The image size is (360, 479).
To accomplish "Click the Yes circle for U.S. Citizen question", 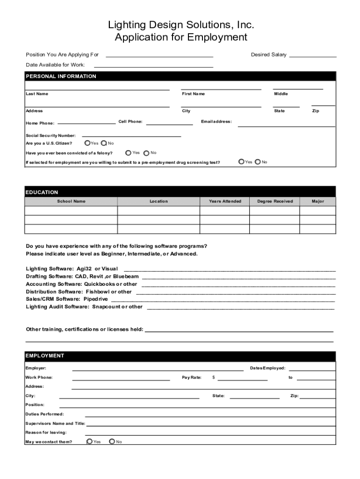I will (x=87, y=143).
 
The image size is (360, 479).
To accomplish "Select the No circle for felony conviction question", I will (x=147, y=153).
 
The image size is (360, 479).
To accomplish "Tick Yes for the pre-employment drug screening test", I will (x=241, y=162).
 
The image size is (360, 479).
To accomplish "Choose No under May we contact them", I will (x=112, y=441).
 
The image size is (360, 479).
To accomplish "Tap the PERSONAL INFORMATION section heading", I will (x=61, y=76).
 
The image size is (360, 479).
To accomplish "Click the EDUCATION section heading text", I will (x=42, y=192).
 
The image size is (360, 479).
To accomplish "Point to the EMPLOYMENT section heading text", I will (x=45, y=356).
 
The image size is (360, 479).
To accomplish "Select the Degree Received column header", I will (x=275, y=201).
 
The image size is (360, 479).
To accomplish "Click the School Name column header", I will (x=71, y=201).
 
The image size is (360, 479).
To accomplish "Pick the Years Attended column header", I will (x=225, y=201).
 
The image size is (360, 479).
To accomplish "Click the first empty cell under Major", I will (x=317, y=210).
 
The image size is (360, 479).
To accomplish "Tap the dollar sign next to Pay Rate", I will (x=214, y=377).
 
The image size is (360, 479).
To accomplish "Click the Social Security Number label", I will (x=50, y=135).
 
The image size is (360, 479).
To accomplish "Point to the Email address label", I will (x=216, y=122).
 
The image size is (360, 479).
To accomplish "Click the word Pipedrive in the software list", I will (x=95, y=299).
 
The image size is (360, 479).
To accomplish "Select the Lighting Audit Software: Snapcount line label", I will (x=84, y=307).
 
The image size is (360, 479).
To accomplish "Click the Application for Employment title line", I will (x=180, y=37).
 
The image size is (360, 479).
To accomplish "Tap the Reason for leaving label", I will (x=46, y=432).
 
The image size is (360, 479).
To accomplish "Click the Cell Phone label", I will (x=130, y=122).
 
